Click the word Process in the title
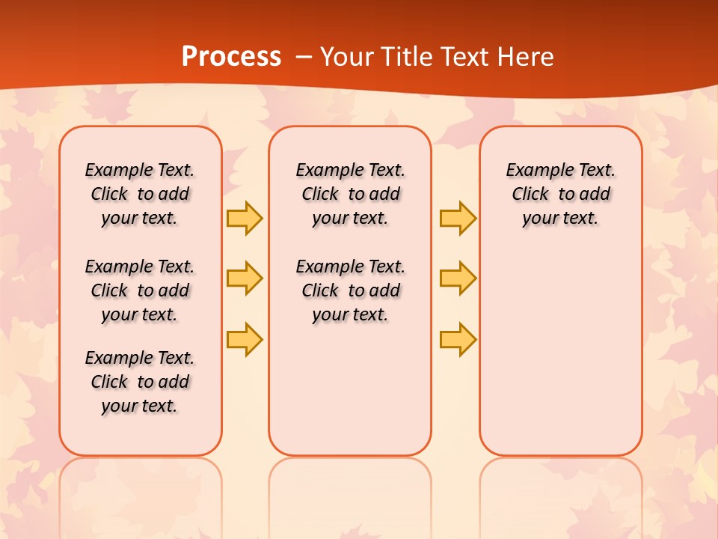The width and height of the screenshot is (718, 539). pyautogui.click(x=231, y=57)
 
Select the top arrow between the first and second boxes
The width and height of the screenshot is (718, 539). pyautogui.click(x=245, y=219)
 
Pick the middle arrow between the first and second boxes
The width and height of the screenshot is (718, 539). pyautogui.click(x=245, y=278)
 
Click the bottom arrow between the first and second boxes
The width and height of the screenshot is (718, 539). pyautogui.click(x=245, y=340)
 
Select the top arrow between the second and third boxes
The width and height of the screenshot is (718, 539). pyautogui.click(x=458, y=219)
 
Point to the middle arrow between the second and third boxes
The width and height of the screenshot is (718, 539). pyautogui.click(x=458, y=278)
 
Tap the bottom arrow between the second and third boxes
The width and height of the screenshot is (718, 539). pyautogui.click(x=458, y=340)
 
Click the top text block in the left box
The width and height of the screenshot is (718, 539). pyautogui.click(x=140, y=194)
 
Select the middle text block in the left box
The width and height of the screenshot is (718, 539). pyautogui.click(x=140, y=290)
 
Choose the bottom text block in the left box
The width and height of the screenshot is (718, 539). pyautogui.click(x=140, y=382)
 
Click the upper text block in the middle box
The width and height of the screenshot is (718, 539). pyautogui.click(x=351, y=194)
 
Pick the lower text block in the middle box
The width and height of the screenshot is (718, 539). pyautogui.click(x=351, y=290)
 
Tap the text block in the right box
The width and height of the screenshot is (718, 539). pyautogui.click(x=561, y=194)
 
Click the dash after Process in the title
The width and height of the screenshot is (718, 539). pyautogui.click(x=303, y=57)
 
